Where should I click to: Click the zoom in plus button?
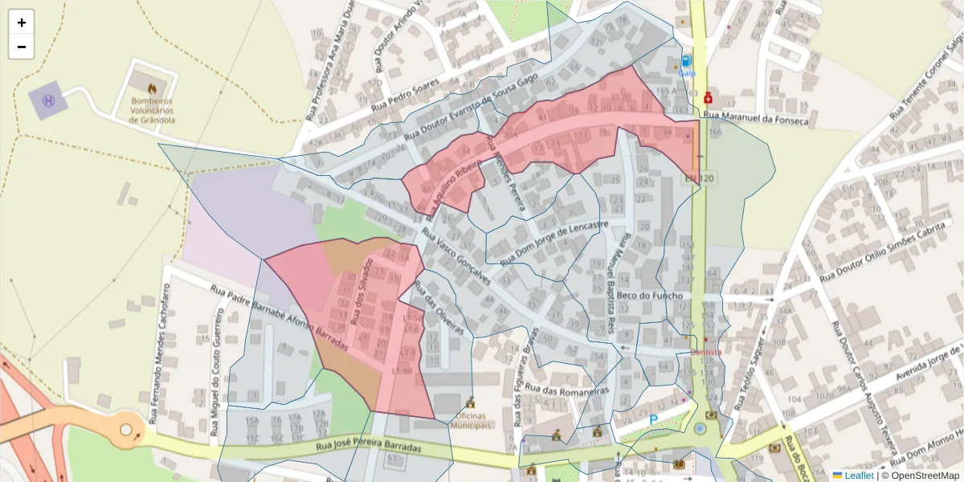pos(22,22)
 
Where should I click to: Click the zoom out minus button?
pos(22,47)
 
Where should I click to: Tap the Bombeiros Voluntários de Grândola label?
pos(152,109)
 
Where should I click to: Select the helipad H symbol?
pos(48,100)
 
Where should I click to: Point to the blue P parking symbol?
pos(654,419)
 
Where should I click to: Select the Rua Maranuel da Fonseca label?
pos(755,119)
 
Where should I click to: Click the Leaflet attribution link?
pos(856,476)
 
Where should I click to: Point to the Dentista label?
pos(706,351)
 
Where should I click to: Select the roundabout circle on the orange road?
pos(126,430)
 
